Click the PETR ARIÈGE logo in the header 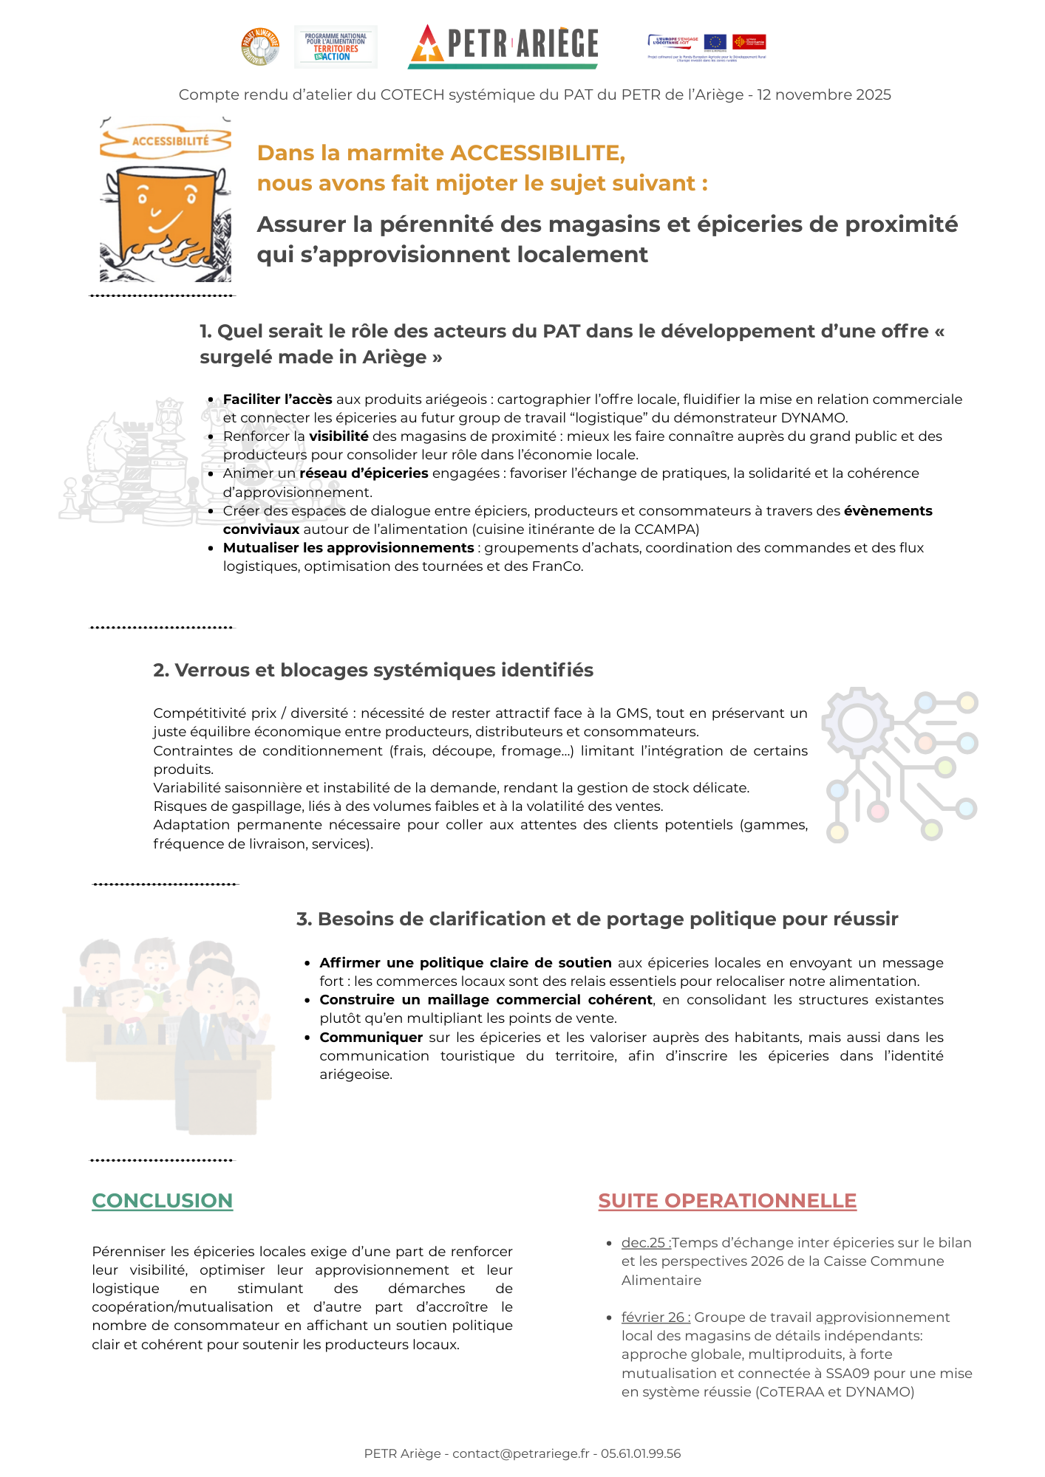[503, 46]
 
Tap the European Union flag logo [715, 41]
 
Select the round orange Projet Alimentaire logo [260, 47]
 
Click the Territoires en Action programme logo [336, 47]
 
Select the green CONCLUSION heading [162, 1201]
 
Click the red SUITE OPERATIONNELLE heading [727, 1201]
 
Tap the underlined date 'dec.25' [645, 1243]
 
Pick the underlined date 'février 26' [655, 1317]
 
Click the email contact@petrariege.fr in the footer [520, 1454]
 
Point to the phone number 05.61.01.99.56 [641, 1454]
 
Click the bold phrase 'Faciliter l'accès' [277, 400]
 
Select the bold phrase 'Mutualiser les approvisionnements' [348, 548]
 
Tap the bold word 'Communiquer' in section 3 [371, 1038]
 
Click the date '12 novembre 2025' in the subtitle [823, 95]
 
